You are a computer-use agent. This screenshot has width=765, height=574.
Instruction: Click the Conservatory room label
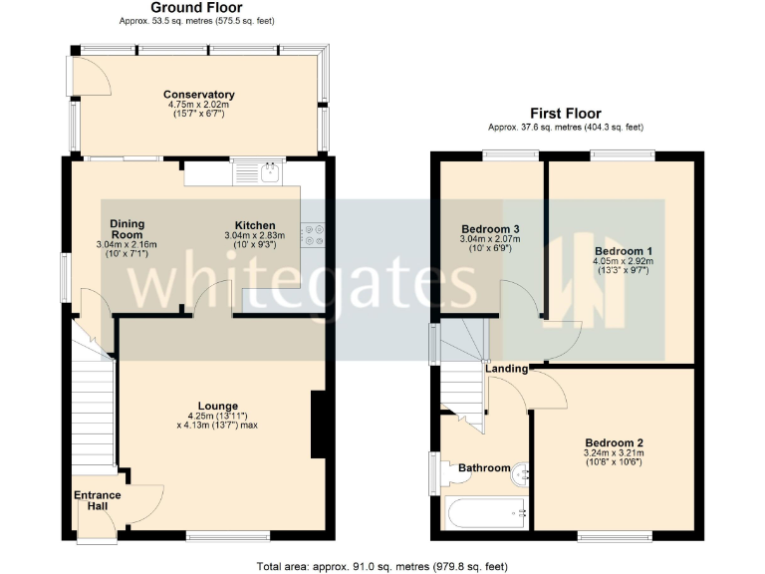(x=199, y=95)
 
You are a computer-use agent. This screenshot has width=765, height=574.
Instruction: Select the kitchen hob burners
(x=317, y=232)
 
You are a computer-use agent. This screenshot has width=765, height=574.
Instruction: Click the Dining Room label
(x=127, y=229)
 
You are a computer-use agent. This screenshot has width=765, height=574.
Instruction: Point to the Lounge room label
(x=217, y=406)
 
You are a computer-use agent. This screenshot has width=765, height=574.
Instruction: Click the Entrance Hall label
(x=97, y=500)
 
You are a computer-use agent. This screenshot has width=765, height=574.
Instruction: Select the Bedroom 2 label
(x=614, y=442)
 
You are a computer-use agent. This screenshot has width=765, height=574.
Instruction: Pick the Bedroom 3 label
(x=490, y=229)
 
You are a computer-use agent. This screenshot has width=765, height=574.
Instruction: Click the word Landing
(x=506, y=370)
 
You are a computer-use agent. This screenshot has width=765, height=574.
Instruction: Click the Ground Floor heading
(x=197, y=8)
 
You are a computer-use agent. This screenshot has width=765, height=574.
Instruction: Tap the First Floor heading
(x=565, y=114)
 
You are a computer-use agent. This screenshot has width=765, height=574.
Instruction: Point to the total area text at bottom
(x=382, y=565)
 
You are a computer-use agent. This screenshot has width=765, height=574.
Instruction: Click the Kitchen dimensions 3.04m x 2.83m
(x=254, y=236)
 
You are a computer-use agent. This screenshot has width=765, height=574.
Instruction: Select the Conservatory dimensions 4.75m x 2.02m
(x=199, y=106)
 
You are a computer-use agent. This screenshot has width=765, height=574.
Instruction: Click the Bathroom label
(x=484, y=467)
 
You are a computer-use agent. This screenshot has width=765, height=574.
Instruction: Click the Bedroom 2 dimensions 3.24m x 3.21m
(x=614, y=453)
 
